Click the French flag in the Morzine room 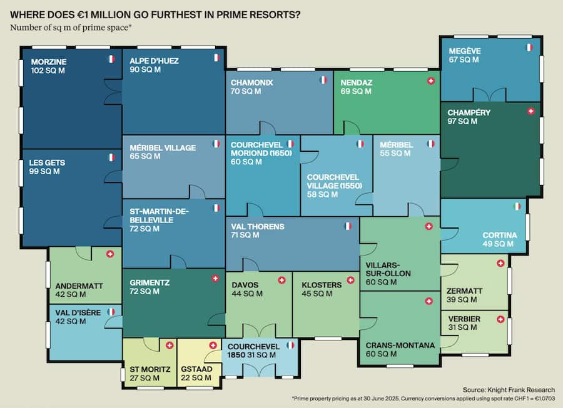click(111, 59)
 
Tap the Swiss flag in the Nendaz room click(430, 81)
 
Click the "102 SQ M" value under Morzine click(48, 71)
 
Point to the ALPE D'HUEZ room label click(153, 61)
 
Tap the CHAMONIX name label click(251, 82)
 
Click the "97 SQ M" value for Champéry click(464, 121)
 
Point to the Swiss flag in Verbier click(500, 319)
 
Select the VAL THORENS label click(257, 226)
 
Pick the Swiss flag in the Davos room click(281, 280)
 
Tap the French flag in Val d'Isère click(111, 311)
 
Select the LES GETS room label click(48, 162)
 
